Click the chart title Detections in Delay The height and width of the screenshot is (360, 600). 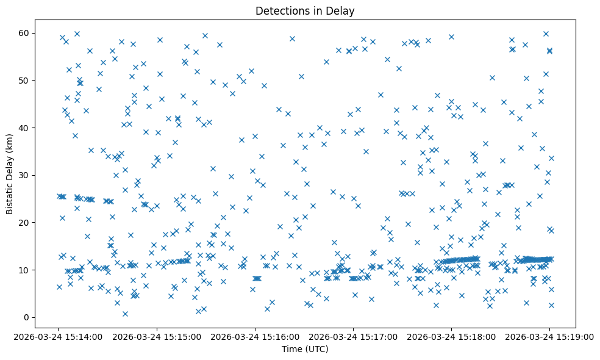point(305,11)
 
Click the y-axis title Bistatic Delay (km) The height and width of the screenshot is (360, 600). point(10,175)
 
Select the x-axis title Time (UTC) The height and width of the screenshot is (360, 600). point(305,349)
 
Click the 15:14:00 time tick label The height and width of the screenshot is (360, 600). point(59,337)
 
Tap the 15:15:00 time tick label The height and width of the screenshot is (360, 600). point(157,337)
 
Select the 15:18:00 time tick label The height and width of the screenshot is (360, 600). point(451,337)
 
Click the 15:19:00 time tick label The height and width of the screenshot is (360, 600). point(549,337)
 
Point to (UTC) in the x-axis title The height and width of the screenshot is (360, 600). point(317,349)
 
